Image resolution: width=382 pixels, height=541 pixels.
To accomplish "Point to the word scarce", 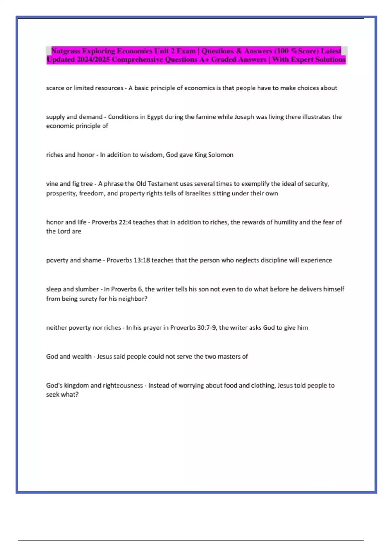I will [55, 88].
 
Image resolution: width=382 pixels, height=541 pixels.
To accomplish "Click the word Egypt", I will [155, 117].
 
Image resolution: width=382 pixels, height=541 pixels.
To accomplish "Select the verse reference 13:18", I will [142, 260].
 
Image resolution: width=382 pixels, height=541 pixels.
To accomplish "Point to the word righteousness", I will [123, 386].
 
